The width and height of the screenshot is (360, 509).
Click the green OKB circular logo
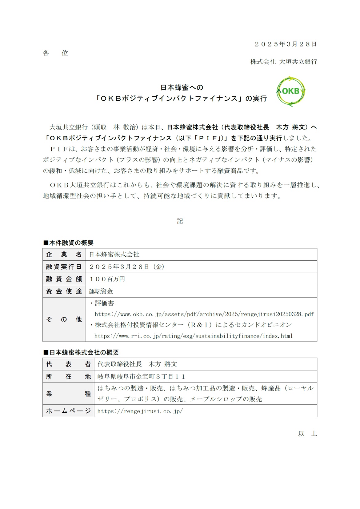(291, 91)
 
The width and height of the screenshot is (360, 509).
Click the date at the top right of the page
(286, 44)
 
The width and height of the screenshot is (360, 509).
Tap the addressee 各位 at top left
(55, 53)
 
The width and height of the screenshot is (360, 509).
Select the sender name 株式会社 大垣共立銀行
(283, 62)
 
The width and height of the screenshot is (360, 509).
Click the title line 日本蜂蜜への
(182, 87)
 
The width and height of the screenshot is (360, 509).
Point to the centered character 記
(180, 221)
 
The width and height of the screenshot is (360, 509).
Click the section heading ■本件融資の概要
(68, 243)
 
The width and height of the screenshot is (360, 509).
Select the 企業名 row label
(64, 254)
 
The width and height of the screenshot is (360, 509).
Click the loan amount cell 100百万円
(107, 279)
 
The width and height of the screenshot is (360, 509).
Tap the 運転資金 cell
(101, 291)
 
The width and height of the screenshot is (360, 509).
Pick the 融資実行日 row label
(64, 267)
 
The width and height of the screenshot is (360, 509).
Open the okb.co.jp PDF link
(204, 314)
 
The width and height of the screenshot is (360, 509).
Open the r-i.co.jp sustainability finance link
(193, 336)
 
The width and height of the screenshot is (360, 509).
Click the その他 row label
(64, 319)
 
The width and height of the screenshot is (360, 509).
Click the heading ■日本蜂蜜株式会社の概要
(81, 352)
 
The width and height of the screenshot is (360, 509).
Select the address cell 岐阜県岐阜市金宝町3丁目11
(141, 376)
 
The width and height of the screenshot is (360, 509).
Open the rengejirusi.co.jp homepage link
(140, 411)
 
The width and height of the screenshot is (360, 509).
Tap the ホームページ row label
(68, 411)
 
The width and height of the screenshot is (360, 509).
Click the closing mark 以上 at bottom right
(307, 434)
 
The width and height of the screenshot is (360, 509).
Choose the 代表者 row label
(68, 364)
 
